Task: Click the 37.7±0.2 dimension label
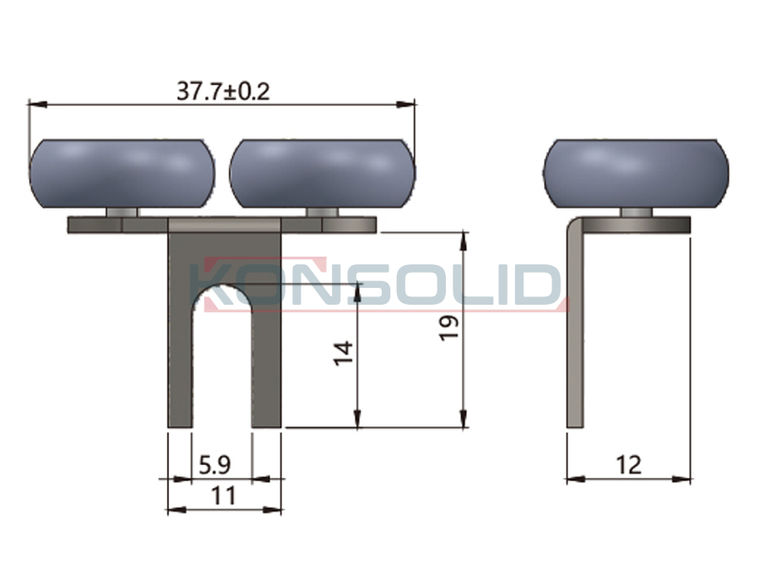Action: tap(223, 91)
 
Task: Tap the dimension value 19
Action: tap(449, 328)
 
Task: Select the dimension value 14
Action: tap(343, 353)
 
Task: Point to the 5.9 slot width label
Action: tap(214, 465)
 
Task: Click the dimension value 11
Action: tap(224, 496)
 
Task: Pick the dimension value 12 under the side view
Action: tap(628, 465)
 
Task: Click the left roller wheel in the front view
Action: tap(122, 174)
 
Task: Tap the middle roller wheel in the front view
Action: tap(323, 174)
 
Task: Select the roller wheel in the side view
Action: tap(635, 174)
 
